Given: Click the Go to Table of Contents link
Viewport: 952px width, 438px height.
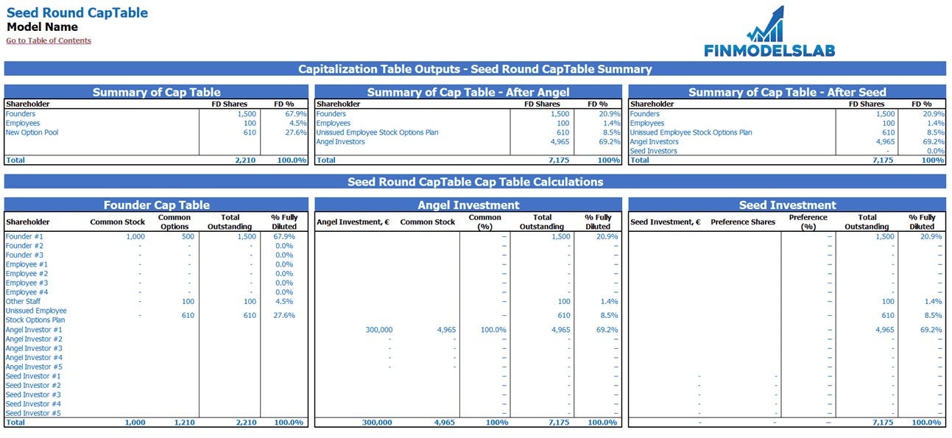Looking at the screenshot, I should coord(49,40).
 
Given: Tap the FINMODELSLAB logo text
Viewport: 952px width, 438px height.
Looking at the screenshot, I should coord(769,50).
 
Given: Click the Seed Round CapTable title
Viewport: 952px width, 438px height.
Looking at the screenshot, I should coord(77,13).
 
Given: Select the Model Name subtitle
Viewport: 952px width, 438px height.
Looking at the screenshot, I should coord(42,27).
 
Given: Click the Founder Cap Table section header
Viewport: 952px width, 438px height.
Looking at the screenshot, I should coord(156,205).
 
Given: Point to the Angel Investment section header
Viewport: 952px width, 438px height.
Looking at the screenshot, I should coord(468,205).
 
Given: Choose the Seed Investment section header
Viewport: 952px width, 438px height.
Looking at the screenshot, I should coord(787,205).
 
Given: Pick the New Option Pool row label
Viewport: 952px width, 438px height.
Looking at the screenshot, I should coord(32,133).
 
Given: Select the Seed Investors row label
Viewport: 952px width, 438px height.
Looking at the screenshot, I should coord(653,151).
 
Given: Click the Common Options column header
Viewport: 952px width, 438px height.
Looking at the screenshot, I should coord(174,222).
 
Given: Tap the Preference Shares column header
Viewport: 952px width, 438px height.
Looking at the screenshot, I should coord(738,222).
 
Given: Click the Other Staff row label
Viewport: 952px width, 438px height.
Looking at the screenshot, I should coord(23,301).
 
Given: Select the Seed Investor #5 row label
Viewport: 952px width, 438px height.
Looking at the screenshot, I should coord(33,413).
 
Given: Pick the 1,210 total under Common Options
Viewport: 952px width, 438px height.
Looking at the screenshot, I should coord(183,423).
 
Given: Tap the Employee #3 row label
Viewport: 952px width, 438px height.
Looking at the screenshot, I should coord(27,283).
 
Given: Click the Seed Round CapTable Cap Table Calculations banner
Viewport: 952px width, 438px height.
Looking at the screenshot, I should coord(475,182).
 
